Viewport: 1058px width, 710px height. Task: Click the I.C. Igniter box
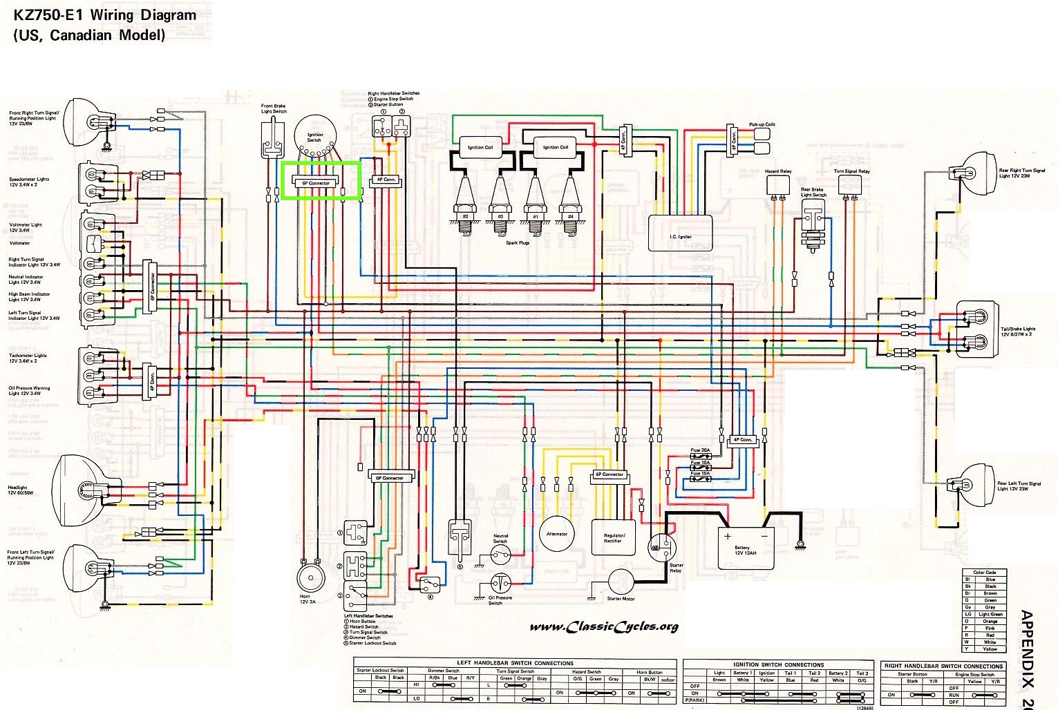(x=680, y=232)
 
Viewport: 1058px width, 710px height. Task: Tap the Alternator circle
(x=557, y=534)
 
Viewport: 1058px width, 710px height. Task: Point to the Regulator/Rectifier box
(x=613, y=537)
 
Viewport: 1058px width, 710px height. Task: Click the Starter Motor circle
(x=621, y=583)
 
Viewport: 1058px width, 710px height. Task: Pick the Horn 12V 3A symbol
(x=310, y=579)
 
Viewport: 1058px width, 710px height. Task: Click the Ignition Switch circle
(x=315, y=134)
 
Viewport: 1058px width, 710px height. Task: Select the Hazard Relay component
(x=778, y=185)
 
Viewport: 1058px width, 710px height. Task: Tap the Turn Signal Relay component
(x=851, y=184)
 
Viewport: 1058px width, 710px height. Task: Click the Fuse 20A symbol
(x=701, y=457)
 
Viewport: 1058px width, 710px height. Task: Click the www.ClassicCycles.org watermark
(x=604, y=626)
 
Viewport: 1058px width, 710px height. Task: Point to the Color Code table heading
(x=984, y=573)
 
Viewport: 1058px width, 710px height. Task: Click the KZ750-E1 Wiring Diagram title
(x=104, y=15)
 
